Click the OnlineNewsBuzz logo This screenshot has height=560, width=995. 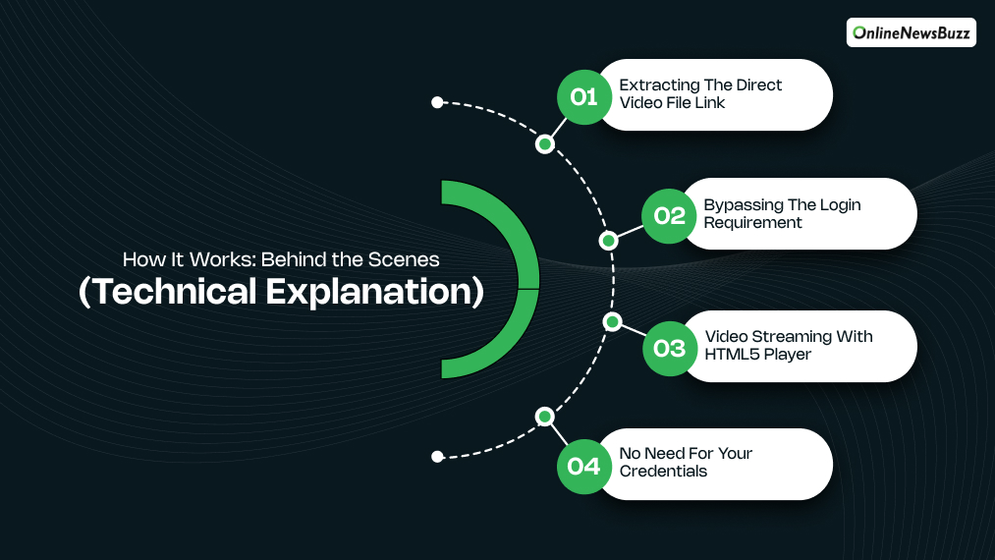click(911, 32)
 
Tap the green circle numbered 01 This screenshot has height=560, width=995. click(583, 96)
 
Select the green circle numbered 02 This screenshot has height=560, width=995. click(669, 215)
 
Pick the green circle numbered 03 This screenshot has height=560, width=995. click(669, 348)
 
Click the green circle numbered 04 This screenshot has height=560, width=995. click(583, 466)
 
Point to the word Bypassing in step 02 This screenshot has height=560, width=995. click(743, 205)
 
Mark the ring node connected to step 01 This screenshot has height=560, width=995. click(545, 144)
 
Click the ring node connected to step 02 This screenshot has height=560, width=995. click(609, 240)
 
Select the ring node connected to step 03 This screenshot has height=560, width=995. click(612, 321)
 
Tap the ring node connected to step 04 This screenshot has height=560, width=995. click(545, 417)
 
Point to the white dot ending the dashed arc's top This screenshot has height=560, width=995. click(437, 102)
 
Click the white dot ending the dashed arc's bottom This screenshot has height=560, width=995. click(437, 456)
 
